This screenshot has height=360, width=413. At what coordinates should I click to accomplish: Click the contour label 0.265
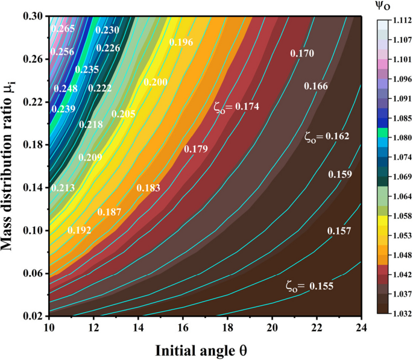[63, 29]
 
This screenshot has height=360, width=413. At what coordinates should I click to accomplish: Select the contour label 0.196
[181, 42]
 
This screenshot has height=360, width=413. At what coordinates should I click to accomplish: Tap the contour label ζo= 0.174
[236, 107]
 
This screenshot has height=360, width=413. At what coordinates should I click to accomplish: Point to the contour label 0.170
[301, 54]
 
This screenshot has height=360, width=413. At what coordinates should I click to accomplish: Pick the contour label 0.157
[339, 232]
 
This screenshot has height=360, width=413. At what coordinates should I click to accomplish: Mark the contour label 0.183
[148, 189]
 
